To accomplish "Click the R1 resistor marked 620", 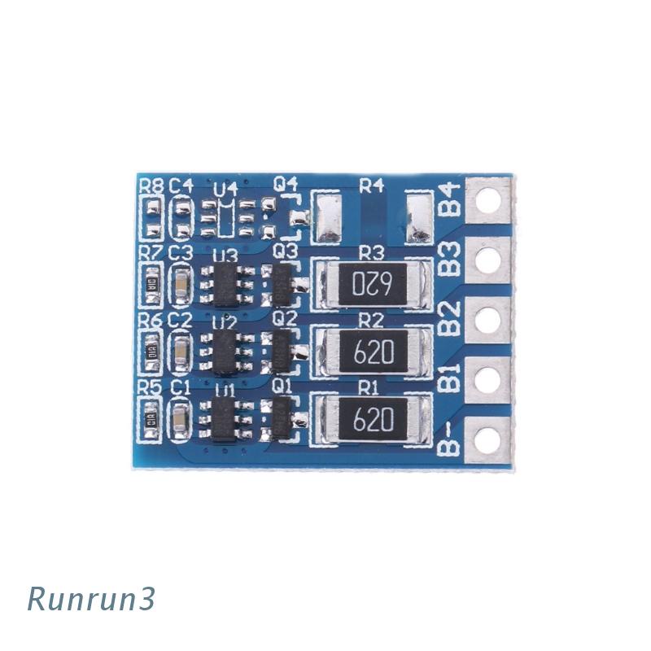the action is tap(373, 420).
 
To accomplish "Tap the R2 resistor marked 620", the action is tap(373, 352).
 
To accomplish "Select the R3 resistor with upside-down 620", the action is tap(373, 283).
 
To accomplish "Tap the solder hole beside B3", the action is tap(487, 260).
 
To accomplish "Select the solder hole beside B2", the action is tap(487, 320).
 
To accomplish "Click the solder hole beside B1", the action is tap(487, 379).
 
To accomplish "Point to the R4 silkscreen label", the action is tap(371, 185).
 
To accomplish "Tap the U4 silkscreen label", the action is tap(225, 190).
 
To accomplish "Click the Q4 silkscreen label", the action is tap(284, 185).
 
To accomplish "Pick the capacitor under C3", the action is tap(180, 283).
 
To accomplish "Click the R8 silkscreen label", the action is tap(151, 186).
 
